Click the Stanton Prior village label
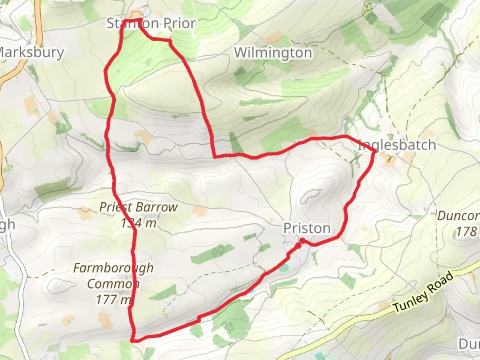(x=151, y=23)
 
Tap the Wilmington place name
(x=273, y=53)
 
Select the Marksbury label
(x=31, y=52)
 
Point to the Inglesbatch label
(x=397, y=145)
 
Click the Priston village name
(x=307, y=229)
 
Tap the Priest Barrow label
(x=139, y=207)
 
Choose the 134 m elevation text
(x=139, y=223)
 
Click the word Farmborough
(x=113, y=268)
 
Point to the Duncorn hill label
(x=458, y=216)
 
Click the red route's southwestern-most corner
(x=133, y=340)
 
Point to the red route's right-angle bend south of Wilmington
(x=215, y=156)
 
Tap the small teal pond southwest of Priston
(x=284, y=267)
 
